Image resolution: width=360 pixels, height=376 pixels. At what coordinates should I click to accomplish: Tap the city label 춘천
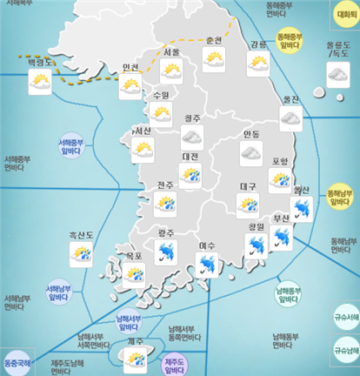point(214,42)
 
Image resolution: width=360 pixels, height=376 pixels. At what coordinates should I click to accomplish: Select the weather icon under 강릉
point(258,63)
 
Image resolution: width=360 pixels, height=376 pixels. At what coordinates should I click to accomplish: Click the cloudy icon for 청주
point(191,137)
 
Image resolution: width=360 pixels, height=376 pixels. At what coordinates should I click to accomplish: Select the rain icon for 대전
point(190,174)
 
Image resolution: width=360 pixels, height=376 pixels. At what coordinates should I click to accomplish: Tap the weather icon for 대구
point(248,204)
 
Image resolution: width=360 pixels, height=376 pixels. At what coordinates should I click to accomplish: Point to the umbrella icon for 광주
point(166,252)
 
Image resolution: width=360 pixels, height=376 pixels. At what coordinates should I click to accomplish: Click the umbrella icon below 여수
point(207,264)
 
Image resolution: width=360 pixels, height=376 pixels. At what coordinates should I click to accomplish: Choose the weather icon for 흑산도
point(81,254)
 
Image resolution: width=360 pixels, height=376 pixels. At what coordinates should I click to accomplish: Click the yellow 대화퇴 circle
point(344,16)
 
